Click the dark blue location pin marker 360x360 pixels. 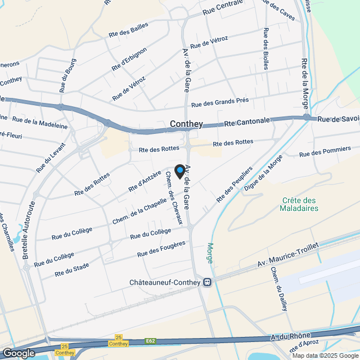(180, 171)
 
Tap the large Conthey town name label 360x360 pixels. (186, 125)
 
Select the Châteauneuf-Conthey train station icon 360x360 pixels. (208, 282)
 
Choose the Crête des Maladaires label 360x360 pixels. (299, 205)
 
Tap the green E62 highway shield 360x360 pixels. (150, 341)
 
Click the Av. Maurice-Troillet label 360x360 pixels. (287, 255)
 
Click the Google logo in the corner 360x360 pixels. (18, 353)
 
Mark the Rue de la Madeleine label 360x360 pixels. (39, 123)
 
